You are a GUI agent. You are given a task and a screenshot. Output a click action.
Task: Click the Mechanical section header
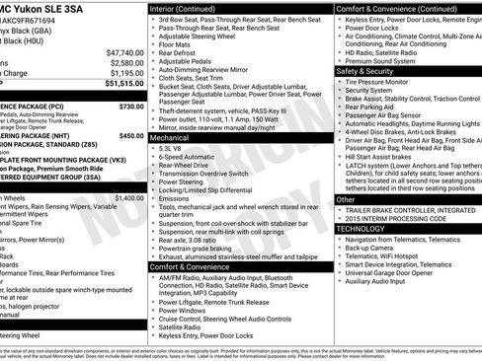170,139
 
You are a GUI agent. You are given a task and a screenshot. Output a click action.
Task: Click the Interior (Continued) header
184,9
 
